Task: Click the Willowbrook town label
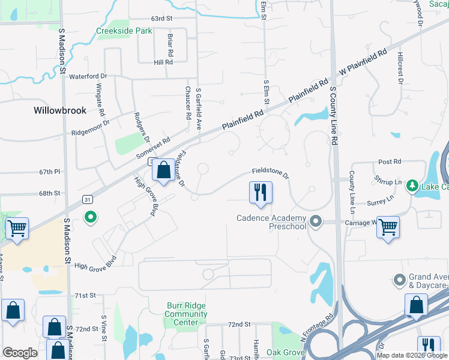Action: point(60,110)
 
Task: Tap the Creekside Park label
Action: point(124,31)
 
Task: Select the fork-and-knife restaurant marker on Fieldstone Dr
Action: point(261,193)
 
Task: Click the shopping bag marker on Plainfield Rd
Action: point(163,170)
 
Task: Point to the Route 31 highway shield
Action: point(87,199)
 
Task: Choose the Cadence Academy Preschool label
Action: point(271,222)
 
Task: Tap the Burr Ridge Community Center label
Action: point(186,314)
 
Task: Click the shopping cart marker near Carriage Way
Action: point(388,227)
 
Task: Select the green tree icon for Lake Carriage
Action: point(412,186)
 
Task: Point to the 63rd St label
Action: point(162,19)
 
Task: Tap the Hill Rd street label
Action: point(163,62)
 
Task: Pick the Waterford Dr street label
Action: point(88,77)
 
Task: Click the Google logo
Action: point(20,353)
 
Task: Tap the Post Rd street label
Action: point(389,162)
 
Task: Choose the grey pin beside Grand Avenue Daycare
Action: point(399,280)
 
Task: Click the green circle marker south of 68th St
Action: point(91,217)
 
